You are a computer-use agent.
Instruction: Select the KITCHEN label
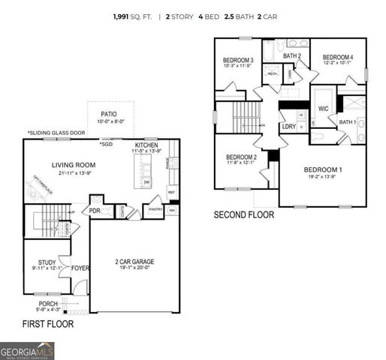point(146,145)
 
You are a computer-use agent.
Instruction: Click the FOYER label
point(80,268)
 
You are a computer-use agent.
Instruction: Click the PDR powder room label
point(95,211)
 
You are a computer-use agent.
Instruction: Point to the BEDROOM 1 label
point(322,170)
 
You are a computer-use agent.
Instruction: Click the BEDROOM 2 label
point(242,157)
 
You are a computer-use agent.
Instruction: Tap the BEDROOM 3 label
point(238,61)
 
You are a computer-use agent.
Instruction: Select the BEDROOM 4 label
point(338,58)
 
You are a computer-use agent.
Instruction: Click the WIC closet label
point(324,109)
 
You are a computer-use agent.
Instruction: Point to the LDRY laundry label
point(288,127)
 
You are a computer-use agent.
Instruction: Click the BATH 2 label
point(292,56)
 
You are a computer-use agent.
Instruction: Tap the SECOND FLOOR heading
point(244,214)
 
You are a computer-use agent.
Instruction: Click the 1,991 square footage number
point(124,16)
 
